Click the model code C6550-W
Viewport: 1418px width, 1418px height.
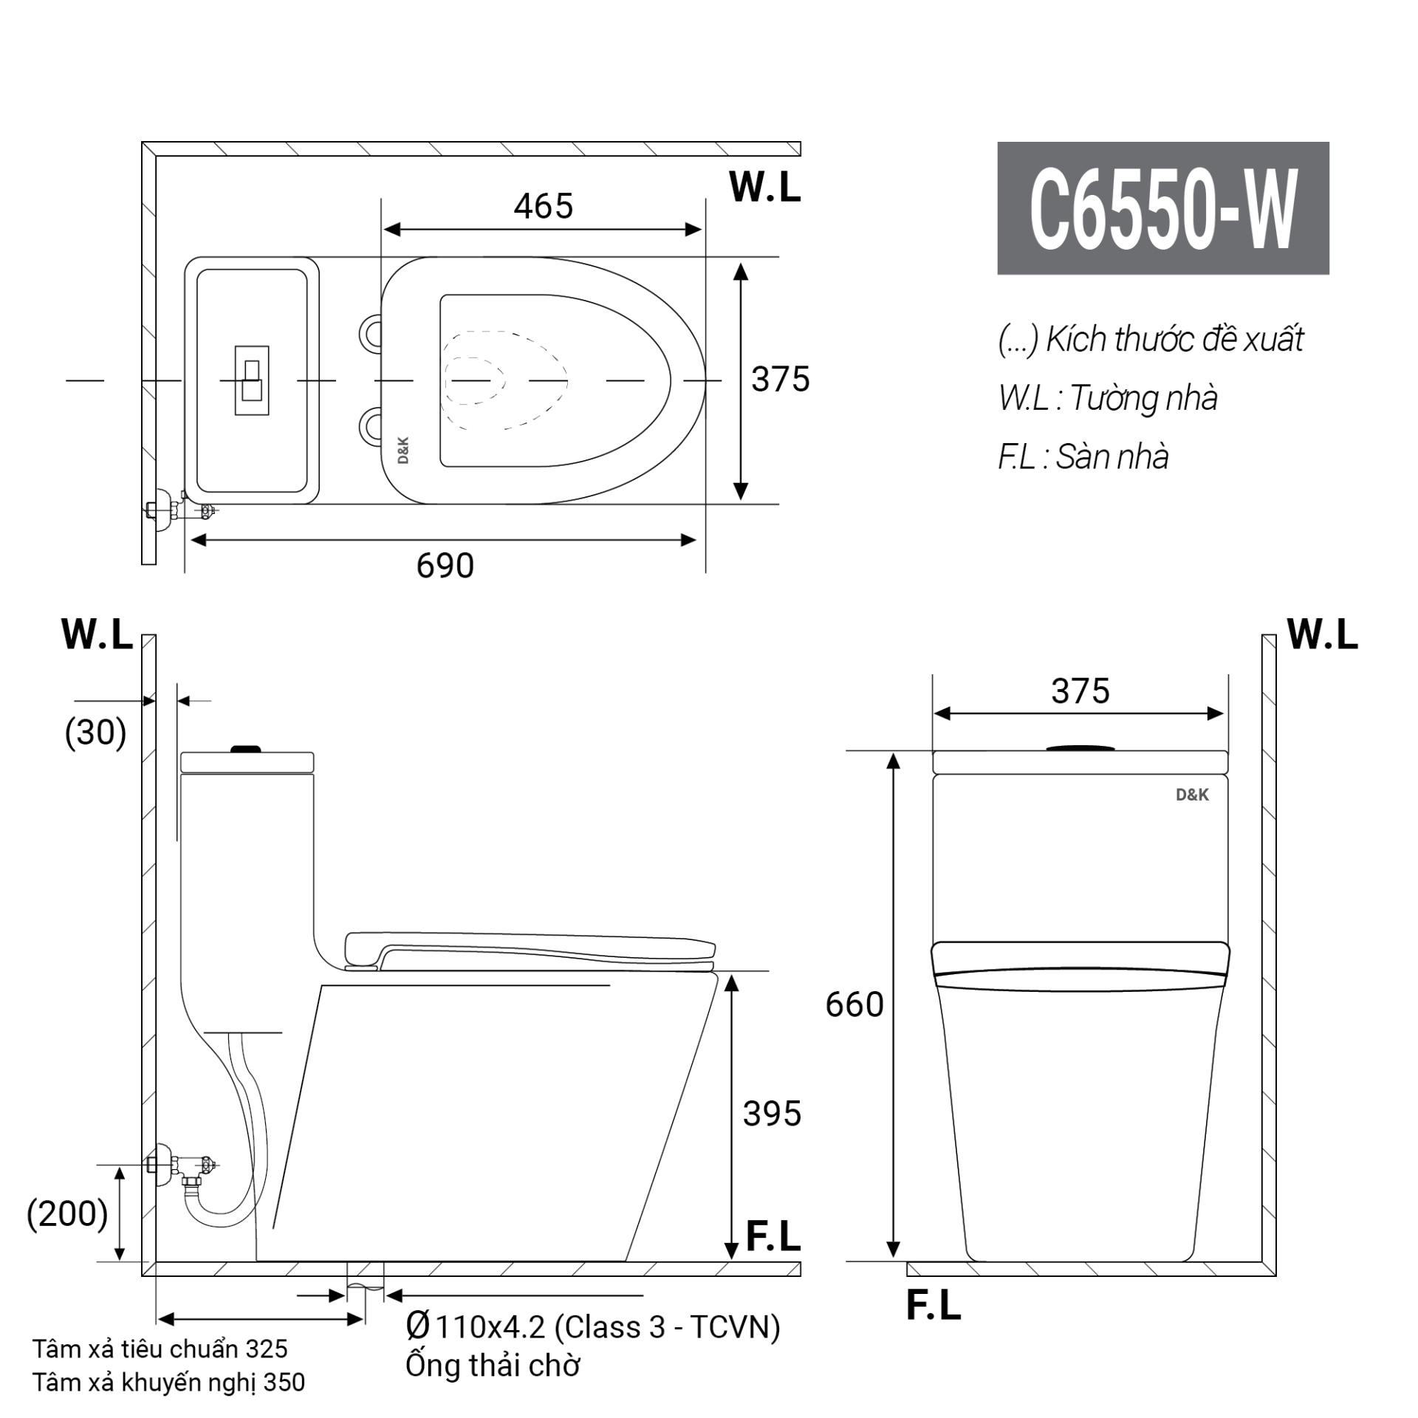(1163, 209)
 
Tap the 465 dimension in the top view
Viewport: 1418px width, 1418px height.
(544, 206)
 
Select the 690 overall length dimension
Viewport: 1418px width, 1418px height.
(445, 566)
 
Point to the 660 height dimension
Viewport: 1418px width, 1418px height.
(854, 1005)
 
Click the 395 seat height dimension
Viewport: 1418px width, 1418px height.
(772, 1114)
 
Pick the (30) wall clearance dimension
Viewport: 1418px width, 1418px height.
(95, 733)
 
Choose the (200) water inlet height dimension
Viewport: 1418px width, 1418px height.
(67, 1214)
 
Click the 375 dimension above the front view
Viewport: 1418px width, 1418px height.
(1080, 692)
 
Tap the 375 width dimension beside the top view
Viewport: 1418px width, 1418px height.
(781, 380)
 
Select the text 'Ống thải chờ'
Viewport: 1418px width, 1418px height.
(493, 1366)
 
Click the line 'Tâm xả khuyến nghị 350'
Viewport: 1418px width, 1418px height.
(168, 1383)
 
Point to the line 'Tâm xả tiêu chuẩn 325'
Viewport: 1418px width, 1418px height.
(160, 1349)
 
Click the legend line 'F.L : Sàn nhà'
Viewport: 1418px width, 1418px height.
(1083, 457)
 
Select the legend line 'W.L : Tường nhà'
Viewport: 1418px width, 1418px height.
(1108, 398)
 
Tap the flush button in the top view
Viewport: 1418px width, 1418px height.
(252, 380)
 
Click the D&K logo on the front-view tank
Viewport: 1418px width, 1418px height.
(1192, 795)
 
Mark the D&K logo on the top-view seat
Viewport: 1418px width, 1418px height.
(403, 451)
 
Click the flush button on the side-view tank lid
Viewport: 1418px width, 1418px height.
(246, 749)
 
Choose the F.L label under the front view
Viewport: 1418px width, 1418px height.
(934, 1305)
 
